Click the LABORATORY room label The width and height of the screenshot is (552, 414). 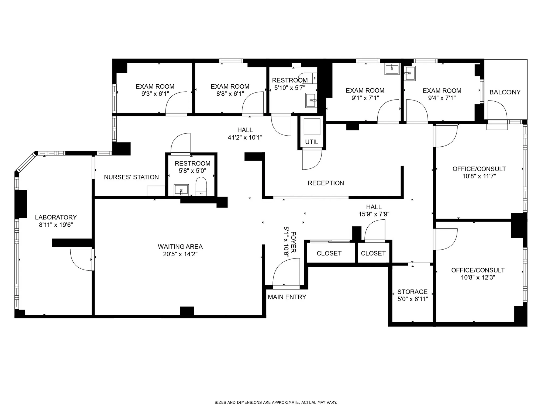pos(56,217)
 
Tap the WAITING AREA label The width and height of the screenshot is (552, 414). pos(180,247)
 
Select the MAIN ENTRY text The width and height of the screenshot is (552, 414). pos(287,297)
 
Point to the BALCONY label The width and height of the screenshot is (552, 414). pos(505,92)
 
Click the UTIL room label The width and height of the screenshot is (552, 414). pos(312,142)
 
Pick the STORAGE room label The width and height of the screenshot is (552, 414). pos(412,292)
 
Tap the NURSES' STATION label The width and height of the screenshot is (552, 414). pos(131,177)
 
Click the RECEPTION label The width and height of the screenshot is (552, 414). pos(326,183)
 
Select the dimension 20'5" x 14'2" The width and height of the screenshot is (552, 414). pos(180,254)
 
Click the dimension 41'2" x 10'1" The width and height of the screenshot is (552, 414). pos(245,137)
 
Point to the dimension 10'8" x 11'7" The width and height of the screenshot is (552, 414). pos(479,176)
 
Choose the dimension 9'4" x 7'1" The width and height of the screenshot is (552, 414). pos(442,98)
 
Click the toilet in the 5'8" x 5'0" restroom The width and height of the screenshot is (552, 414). pos(201,186)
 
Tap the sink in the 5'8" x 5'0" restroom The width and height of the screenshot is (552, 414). pos(181,190)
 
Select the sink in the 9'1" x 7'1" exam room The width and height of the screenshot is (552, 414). pos(392,69)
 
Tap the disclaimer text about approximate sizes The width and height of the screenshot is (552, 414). pos(276,402)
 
